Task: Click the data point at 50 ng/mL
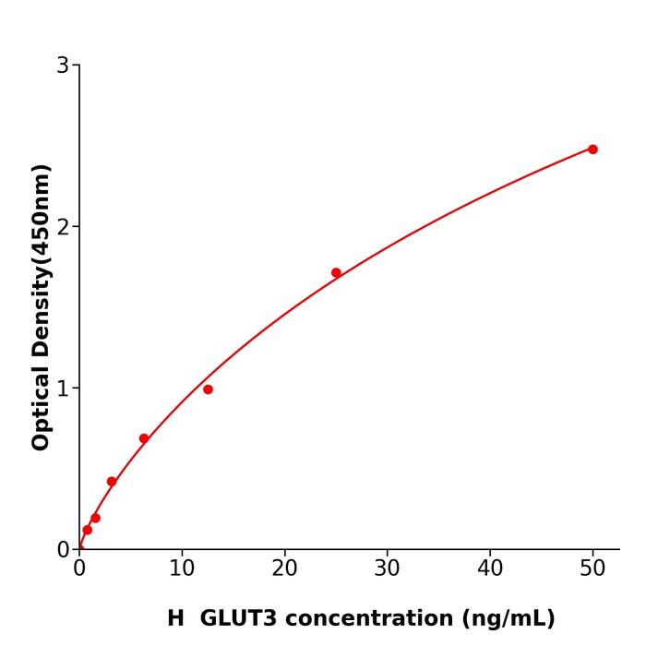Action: click(x=592, y=150)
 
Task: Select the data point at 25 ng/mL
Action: click(x=336, y=272)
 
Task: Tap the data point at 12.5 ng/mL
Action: click(x=208, y=389)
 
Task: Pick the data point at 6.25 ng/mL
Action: click(x=144, y=438)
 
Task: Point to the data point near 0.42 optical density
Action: click(x=112, y=482)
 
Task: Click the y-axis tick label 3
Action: click(x=63, y=66)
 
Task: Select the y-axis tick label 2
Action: click(x=63, y=227)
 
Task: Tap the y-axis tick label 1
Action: click(x=63, y=389)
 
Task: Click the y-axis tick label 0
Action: click(x=63, y=550)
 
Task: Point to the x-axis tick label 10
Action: click(x=182, y=569)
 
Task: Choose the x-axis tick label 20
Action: click(x=284, y=569)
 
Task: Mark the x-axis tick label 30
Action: click(x=388, y=569)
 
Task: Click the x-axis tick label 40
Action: click(x=490, y=569)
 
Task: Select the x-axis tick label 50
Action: click(x=592, y=569)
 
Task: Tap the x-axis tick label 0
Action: click(x=79, y=569)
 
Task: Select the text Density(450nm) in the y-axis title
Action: click(x=41, y=260)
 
